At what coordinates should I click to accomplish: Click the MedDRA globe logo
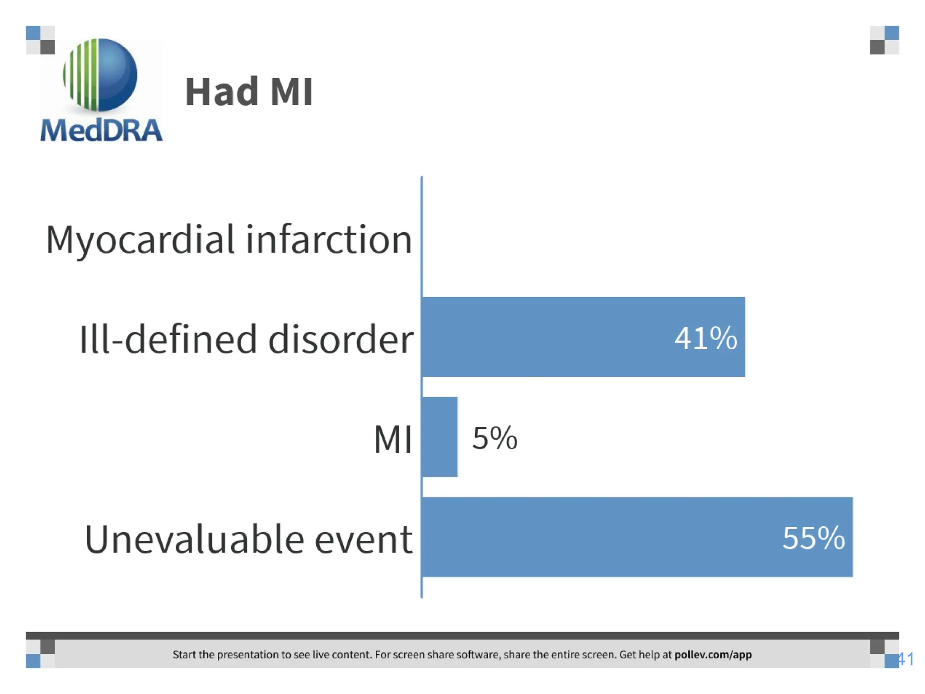(x=100, y=75)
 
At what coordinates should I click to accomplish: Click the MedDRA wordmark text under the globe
(x=101, y=130)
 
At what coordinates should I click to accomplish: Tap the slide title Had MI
(x=249, y=92)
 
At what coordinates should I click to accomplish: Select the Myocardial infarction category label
(x=229, y=239)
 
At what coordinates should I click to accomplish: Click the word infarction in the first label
(x=329, y=239)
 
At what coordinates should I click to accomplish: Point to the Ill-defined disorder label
(x=246, y=339)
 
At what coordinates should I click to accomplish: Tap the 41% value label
(x=705, y=338)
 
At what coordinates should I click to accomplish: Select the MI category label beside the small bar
(x=392, y=439)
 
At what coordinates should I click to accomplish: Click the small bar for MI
(x=439, y=437)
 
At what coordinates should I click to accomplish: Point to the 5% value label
(x=495, y=438)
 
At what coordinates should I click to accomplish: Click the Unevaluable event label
(x=248, y=539)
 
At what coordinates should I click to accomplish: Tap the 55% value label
(x=813, y=538)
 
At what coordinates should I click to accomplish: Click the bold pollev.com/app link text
(x=713, y=655)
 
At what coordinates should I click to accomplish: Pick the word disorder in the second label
(x=341, y=339)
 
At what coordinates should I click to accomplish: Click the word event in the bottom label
(x=364, y=539)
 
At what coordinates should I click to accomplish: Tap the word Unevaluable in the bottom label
(x=194, y=539)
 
